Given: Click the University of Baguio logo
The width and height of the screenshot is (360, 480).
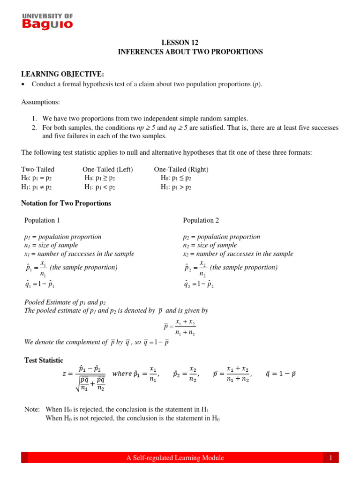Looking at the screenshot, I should pyautogui.click(x=48, y=21).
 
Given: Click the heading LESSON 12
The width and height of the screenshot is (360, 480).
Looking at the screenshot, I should pyautogui.click(x=190, y=42).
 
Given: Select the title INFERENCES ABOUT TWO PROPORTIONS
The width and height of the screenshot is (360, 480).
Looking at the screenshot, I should pyautogui.click(x=190, y=52).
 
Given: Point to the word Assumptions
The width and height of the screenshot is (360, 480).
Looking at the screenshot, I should pyautogui.click(x=40, y=102).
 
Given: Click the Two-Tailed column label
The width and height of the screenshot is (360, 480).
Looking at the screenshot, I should pyautogui.click(x=38, y=169).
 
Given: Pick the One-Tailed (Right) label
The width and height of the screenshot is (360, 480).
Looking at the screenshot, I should pyautogui.click(x=181, y=169).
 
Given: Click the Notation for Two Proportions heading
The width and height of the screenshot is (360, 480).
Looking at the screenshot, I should pyautogui.click(x=67, y=203).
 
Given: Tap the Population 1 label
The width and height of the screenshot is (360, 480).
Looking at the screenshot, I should pyautogui.click(x=42, y=220).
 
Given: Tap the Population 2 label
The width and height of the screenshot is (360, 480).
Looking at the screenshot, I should pyautogui.click(x=201, y=220).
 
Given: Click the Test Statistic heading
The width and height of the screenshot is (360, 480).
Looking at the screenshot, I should pyautogui.click(x=44, y=360).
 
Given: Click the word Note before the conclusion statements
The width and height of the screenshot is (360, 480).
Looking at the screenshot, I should pyautogui.click(x=32, y=409).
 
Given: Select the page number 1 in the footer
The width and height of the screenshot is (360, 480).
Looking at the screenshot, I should pyautogui.click(x=330, y=458).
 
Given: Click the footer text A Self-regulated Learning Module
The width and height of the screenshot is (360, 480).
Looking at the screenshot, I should pyautogui.click(x=175, y=458).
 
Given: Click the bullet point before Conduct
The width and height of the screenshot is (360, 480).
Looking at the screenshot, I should pyautogui.click(x=23, y=84).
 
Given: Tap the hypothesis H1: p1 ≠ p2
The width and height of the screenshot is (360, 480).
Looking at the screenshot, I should pyautogui.click(x=37, y=187).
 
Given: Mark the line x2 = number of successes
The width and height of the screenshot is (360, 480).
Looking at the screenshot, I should pyautogui.click(x=238, y=254).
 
